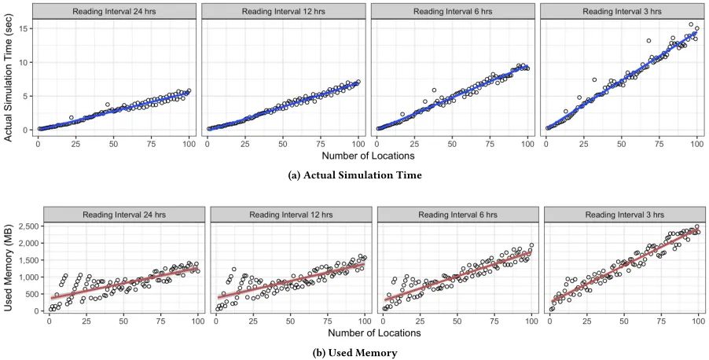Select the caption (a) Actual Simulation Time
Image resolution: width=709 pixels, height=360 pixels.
[355, 175]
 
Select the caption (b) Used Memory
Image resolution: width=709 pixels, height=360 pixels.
[355, 353]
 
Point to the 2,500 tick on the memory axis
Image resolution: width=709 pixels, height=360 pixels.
[30, 226]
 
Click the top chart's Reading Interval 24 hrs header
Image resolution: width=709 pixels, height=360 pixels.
[115, 11]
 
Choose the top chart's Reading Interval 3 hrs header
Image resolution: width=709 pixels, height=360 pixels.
[623, 11]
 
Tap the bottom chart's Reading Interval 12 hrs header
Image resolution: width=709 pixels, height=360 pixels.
[291, 215]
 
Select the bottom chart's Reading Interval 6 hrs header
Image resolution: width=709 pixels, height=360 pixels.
[457, 215]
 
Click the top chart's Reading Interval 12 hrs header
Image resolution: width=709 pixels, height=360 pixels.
[284, 11]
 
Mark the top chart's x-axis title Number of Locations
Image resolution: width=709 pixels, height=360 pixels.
[368, 156]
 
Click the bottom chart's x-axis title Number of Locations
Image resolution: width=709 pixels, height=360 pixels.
[374, 333]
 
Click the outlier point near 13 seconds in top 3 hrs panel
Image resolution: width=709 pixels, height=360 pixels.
[648, 41]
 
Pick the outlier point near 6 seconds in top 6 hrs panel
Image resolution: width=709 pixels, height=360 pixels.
[434, 90]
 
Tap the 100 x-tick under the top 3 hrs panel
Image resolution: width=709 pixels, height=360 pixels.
[696, 144]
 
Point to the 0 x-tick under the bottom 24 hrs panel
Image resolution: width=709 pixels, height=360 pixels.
[49, 321]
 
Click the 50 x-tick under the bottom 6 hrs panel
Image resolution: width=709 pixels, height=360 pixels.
[457, 321]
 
